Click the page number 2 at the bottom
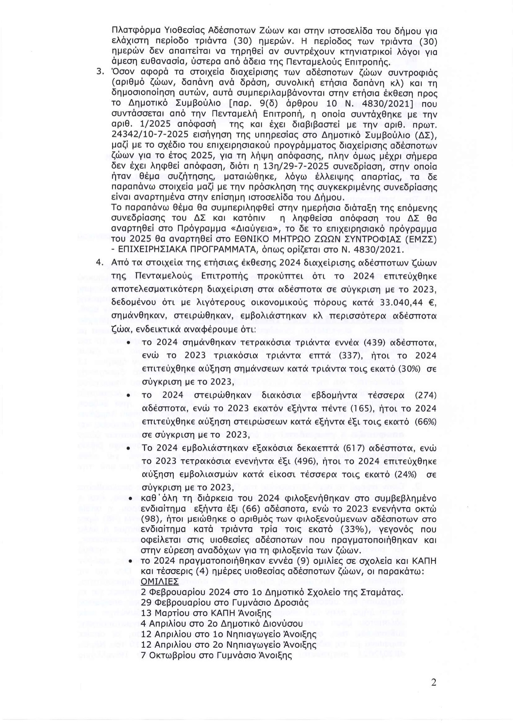[x=434, y=683]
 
